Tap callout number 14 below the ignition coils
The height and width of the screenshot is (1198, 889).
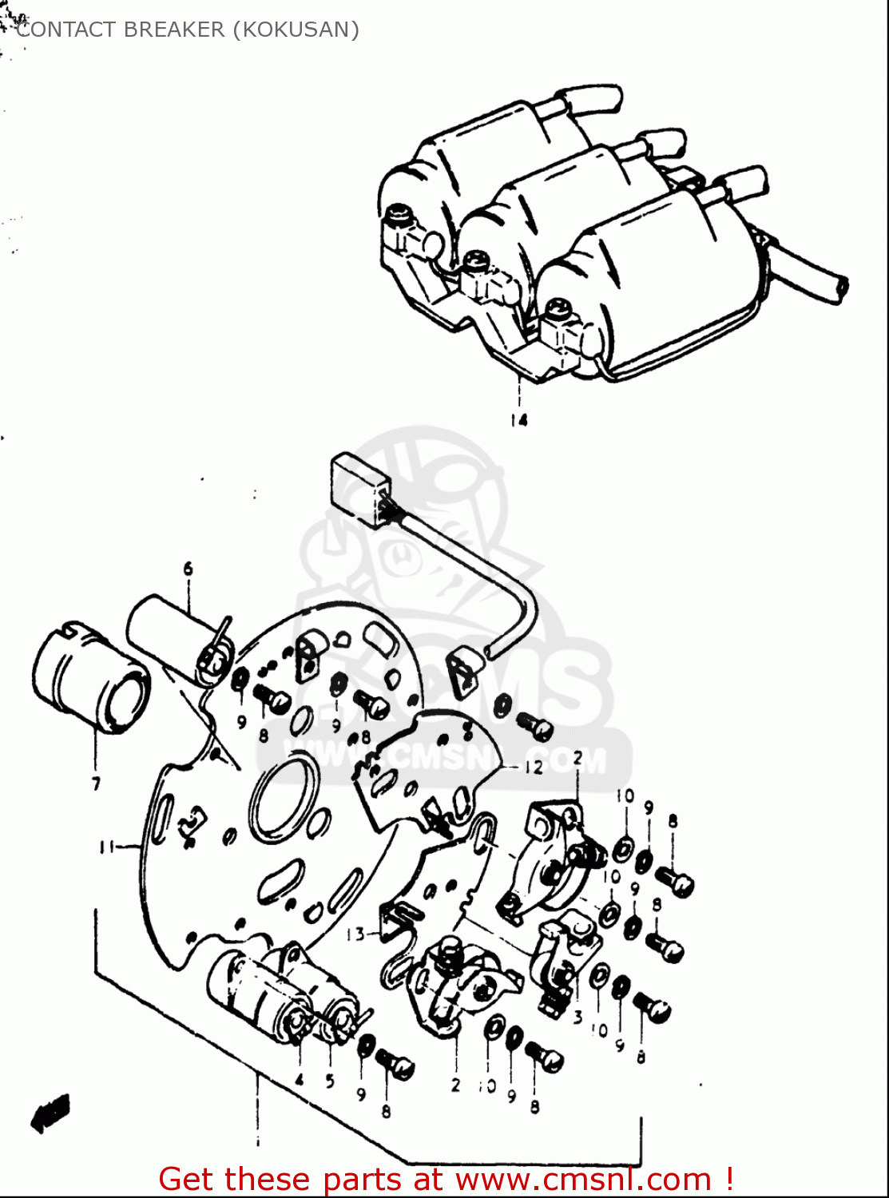(x=519, y=420)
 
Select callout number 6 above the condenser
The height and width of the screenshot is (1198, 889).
(x=189, y=569)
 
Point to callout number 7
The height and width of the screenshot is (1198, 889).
(x=96, y=783)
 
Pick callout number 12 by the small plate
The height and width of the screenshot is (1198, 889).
(x=534, y=768)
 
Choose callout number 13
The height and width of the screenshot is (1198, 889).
(x=355, y=934)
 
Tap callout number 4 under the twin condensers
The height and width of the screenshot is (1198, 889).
(x=300, y=1080)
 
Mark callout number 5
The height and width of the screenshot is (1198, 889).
(x=330, y=1082)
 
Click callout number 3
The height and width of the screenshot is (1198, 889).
(x=577, y=1018)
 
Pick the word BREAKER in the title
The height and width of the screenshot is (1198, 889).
(x=174, y=30)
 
